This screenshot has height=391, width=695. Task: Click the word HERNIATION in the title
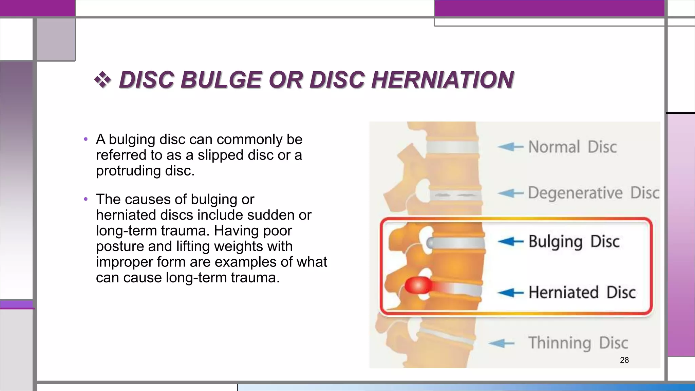[443, 80]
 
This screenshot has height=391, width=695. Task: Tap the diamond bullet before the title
[102, 80]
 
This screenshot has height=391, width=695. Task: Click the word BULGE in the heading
[221, 80]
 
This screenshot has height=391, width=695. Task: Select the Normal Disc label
[572, 147]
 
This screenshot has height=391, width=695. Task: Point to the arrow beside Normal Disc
[510, 147]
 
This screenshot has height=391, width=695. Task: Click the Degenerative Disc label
[594, 193]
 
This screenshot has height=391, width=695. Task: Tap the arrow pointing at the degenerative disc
[511, 193]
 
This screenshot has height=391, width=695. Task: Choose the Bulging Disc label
[574, 242]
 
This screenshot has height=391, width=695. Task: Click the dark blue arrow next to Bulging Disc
[511, 242]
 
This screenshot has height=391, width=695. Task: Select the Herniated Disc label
[582, 292]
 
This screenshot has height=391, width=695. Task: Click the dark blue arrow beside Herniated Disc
[511, 293]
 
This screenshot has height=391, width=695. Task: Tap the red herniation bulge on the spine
[418, 286]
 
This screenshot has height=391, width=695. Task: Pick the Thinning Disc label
[578, 343]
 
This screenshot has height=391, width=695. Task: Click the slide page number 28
[624, 360]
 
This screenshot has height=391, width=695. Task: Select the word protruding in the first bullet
[128, 171]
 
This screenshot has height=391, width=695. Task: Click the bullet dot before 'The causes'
[86, 199]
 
